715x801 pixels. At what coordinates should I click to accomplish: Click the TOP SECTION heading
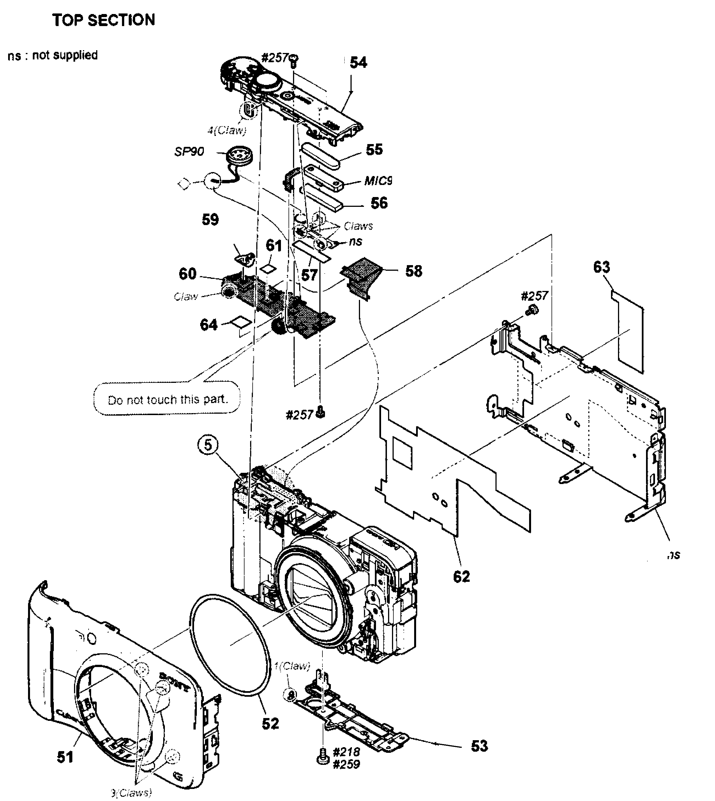pyautogui.click(x=104, y=20)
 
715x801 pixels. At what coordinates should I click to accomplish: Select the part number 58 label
pyautogui.click(x=413, y=271)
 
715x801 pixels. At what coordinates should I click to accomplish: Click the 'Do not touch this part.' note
pyautogui.click(x=167, y=400)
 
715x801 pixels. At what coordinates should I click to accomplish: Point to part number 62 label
pyautogui.click(x=461, y=577)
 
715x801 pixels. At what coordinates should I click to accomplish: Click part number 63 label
pyautogui.click(x=601, y=267)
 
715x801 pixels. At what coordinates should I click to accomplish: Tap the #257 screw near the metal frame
pyautogui.click(x=531, y=310)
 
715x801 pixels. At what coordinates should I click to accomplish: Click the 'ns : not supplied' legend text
pyautogui.click(x=53, y=55)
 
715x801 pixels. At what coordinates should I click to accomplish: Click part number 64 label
pyautogui.click(x=208, y=325)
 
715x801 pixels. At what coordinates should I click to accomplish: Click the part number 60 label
pyautogui.click(x=187, y=274)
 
